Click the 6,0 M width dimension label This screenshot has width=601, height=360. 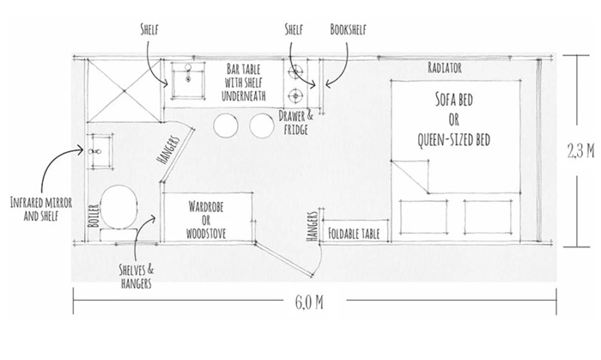click(x=309, y=302)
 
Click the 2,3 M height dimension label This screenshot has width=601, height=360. click(x=580, y=151)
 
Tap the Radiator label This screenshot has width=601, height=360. click(x=445, y=68)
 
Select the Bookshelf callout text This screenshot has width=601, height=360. click(x=348, y=29)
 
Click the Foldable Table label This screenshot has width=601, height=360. click(x=354, y=234)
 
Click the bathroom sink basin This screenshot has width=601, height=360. click(x=100, y=151)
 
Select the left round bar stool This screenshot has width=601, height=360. click(x=225, y=125)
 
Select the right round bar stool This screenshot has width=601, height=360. click(x=262, y=125)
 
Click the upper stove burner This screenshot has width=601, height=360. click(x=295, y=71)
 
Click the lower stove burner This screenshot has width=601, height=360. click(x=295, y=95)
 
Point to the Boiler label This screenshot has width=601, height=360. click(x=94, y=216)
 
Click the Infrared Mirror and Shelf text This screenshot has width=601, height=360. click(x=41, y=209)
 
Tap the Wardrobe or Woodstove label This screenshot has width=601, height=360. click(x=206, y=220)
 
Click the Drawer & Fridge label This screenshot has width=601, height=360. click(x=295, y=123)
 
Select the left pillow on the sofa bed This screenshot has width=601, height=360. click(x=423, y=217)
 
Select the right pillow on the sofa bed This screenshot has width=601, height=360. click(x=488, y=217)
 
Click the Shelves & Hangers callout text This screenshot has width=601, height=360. click(x=136, y=276)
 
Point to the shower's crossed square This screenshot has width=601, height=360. click(x=124, y=91)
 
